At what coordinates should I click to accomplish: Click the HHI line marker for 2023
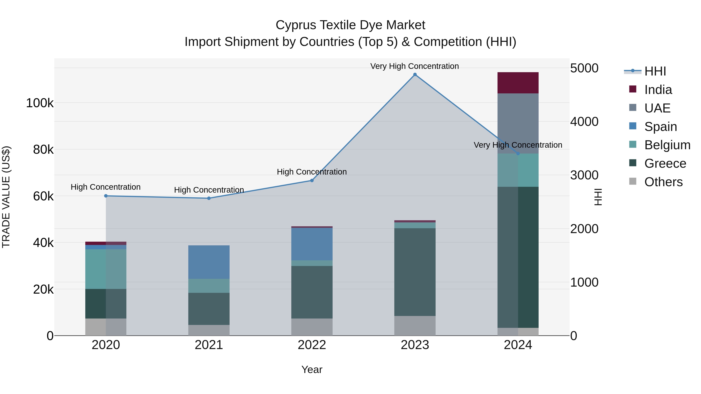[x=415, y=75]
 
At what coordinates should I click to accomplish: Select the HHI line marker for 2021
[x=209, y=198]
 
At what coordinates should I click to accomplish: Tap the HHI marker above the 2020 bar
[x=106, y=196]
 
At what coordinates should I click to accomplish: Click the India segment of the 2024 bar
[x=518, y=83]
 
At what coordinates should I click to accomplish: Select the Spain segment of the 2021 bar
[x=209, y=262]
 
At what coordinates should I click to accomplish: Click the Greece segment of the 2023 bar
[x=415, y=272]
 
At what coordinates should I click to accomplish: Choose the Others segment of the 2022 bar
[x=312, y=327]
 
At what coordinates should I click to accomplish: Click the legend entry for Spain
[x=660, y=127]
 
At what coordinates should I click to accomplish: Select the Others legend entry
[x=663, y=182]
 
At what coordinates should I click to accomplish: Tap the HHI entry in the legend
[x=655, y=71]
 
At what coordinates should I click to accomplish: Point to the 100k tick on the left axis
[x=40, y=103]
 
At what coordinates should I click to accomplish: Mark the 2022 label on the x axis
[x=312, y=345]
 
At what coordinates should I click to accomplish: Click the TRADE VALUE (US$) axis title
[x=6, y=197]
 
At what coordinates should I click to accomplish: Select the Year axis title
[x=312, y=369]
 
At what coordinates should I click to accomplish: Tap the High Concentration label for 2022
[x=312, y=172]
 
